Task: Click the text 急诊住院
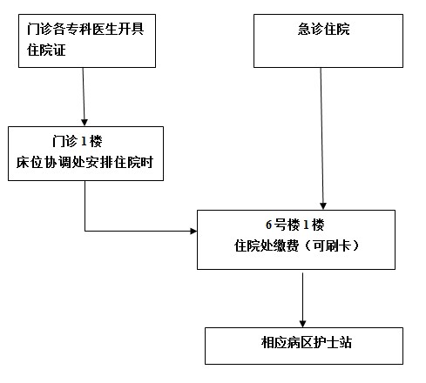[x=323, y=29]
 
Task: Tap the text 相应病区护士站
[x=307, y=342]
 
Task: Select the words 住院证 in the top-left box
[x=46, y=50]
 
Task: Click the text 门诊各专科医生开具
[x=85, y=29]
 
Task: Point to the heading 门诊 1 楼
[x=78, y=141]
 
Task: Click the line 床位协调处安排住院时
[x=85, y=162]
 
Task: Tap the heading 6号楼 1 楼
[x=295, y=225]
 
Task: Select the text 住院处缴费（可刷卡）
[x=297, y=245]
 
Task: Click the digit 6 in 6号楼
[x=268, y=225]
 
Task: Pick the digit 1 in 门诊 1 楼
[x=84, y=142]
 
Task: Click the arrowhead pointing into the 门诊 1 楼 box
[x=85, y=122]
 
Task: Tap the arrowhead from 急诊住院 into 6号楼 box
[x=323, y=205]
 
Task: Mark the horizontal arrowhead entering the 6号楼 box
[x=193, y=231]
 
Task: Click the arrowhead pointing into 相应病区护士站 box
[x=302, y=324]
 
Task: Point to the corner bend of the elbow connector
[x=85, y=231]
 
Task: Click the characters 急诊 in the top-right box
[x=310, y=29]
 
